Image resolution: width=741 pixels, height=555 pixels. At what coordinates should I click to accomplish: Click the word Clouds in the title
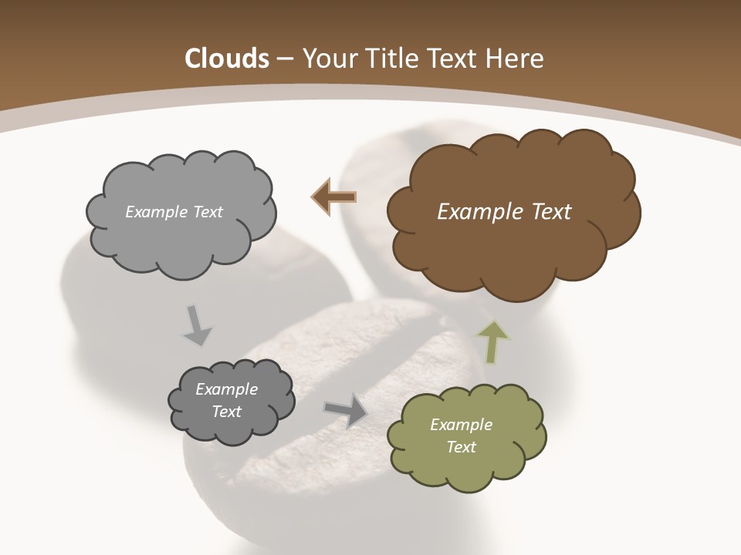tap(226, 59)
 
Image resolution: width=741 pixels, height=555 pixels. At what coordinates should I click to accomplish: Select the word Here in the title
tap(518, 59)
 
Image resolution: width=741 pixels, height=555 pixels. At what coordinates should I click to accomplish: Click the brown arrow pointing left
tap(333, 197)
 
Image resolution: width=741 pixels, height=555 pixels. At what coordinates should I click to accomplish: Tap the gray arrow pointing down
tap(196, 325)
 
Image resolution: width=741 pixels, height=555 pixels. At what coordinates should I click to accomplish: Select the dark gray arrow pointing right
tap(345, 409)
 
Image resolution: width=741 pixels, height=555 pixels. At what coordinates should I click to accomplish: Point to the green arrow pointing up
tap(493, 341)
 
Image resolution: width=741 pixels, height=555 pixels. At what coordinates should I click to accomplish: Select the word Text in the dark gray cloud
tap(227, 412)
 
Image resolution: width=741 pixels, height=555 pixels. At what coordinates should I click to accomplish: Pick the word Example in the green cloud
tap(461, 425)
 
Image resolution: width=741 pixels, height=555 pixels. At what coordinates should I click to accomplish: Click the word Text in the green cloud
tap(461, 447)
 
